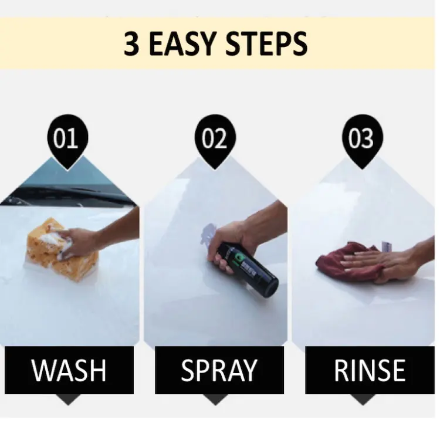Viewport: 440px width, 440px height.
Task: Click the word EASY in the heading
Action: click(x=187, y=45)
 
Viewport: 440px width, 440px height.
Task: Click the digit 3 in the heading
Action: click(x=133, y=45)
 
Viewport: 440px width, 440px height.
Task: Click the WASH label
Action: click(x=69, y=370)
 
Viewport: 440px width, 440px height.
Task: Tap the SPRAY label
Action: click(x=219, y=370)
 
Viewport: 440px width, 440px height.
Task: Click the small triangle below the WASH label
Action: click(x=69, y=400)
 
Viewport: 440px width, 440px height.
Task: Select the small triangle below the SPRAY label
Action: click(x=219, y=400)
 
